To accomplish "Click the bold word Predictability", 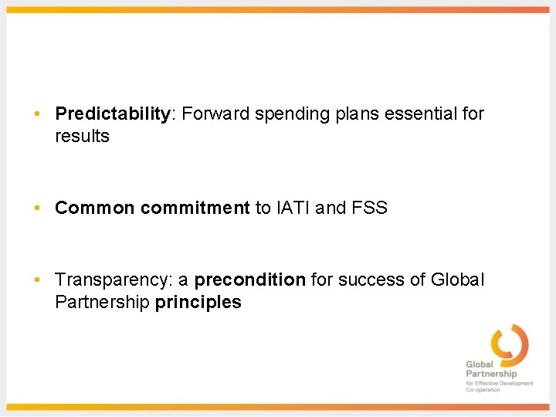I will [x=113, y=114].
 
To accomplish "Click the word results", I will [x=83, y=137].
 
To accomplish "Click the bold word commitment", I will [x=195, y=208].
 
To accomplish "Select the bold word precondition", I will [x=250, y=280].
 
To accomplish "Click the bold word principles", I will [x=198, y=302].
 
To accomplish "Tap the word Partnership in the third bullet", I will [x=102, y=302].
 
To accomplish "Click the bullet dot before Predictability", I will [x=37, y=114].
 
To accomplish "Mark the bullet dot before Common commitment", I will [x=37, y=208].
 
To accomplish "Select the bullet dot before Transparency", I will [x=37, y=280].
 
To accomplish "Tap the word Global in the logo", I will [x=480, y=364].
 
